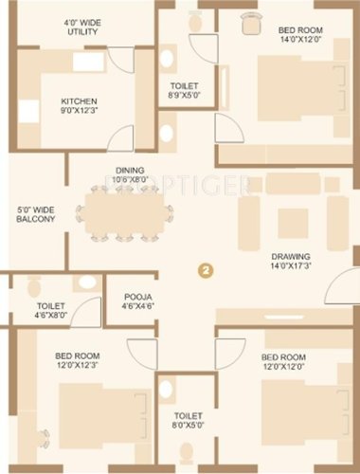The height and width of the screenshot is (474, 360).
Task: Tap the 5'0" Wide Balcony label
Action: click(x=36, y=214)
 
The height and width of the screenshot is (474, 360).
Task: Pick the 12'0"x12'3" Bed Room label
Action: click(x=78, y=360)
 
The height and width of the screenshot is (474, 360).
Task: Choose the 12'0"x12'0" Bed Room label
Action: click(x=283, y=362)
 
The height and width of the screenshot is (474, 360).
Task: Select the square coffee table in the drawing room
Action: click(x=292, y=221)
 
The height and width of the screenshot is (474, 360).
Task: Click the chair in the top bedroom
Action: click(x=250, y=23)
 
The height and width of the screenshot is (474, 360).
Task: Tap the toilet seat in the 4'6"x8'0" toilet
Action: click(x=34, y=284)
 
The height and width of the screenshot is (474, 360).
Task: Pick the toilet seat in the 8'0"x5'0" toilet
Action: click(x=166, y=388)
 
